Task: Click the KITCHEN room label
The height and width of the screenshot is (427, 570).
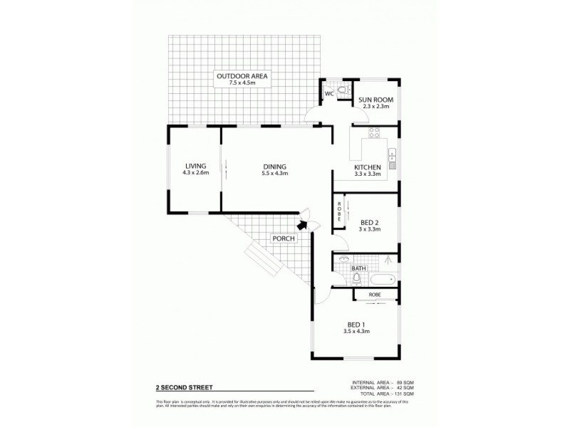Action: (x=368, y=167)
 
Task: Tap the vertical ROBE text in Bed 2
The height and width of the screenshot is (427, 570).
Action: (x=341, y=211)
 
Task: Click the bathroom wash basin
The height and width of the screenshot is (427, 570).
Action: (x=343, y=260)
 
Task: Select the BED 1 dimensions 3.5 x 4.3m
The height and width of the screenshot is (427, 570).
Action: (x=356, y=331)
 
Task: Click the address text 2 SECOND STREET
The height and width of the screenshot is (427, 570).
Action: (x=185, y=389)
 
